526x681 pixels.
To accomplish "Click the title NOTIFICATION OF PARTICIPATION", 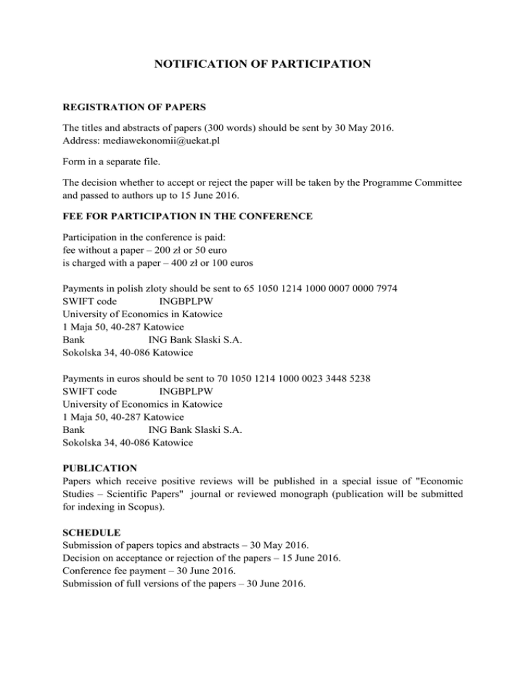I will (x=263, y=65).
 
